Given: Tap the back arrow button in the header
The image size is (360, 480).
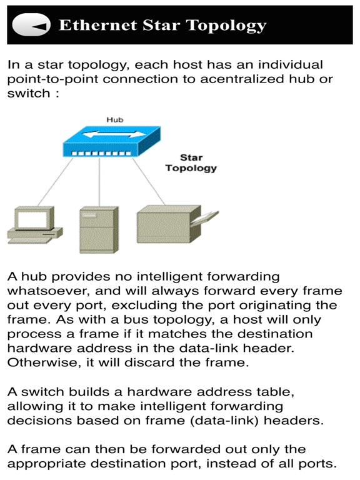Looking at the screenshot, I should tap(31, 26).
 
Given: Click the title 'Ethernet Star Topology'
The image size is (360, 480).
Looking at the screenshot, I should tap(162, 26).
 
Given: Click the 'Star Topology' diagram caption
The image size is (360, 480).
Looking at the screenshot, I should tap(191, 162).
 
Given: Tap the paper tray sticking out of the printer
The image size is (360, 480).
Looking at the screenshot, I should tap(207, 219).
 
